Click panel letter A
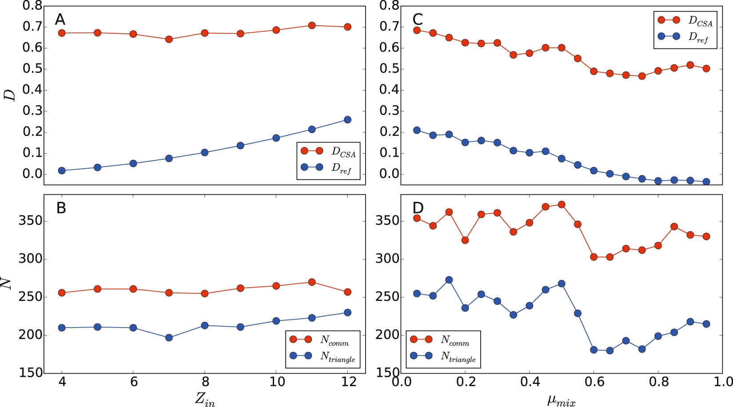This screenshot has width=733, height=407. [60, 20]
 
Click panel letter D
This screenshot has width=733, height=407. [418, 208]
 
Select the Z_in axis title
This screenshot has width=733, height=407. [205, 399]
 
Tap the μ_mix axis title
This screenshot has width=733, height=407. [561, 400]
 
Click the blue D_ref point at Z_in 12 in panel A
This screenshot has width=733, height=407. [347, 120]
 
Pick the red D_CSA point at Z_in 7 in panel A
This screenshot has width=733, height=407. [169, 40]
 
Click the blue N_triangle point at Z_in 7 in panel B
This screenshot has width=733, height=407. [169, 338]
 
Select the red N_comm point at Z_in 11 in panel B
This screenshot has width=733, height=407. [311, 282]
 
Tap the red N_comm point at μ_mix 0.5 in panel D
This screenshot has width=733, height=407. [562, 205]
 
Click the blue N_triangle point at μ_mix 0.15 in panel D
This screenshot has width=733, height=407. [449, 280]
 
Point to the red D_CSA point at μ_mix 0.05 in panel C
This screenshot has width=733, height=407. [417, 31]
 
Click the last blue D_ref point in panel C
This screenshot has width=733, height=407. [706, 182]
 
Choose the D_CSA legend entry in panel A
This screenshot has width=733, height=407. [343, 152]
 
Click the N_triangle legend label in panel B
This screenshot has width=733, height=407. [338, 357]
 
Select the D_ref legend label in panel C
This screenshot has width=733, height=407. [698, 38]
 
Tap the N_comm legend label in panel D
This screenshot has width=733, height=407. [454, 341]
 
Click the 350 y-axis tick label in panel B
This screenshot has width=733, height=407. [31, 221]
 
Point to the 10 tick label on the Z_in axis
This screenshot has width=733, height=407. [277, 382]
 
